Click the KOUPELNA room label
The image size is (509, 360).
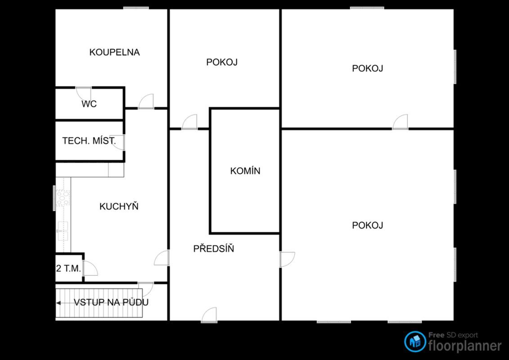(115, 52)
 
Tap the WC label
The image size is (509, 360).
(89, 104)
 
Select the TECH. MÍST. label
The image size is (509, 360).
(89, 140)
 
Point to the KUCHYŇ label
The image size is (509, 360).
(119, 206)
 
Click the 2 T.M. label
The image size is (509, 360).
(68, 269)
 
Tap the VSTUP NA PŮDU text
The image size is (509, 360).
(111, 302)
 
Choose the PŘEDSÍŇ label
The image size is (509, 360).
(214, 248)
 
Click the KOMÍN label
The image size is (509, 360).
(245, 171)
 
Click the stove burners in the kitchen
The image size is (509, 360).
(63, 198)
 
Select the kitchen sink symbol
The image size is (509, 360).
(63, 231)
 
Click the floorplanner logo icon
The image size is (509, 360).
(415, 342)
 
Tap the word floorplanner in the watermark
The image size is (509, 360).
(465, 346)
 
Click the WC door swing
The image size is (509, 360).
(83, 94)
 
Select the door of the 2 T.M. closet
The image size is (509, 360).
(90, 268)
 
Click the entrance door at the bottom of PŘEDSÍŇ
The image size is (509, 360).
(209, 315)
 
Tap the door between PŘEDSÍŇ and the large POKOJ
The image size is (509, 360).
(287, 259)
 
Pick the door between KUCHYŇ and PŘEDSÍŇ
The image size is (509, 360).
(162, 258)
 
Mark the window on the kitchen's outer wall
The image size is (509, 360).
(54, 198)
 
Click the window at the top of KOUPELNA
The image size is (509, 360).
(136, 8)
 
